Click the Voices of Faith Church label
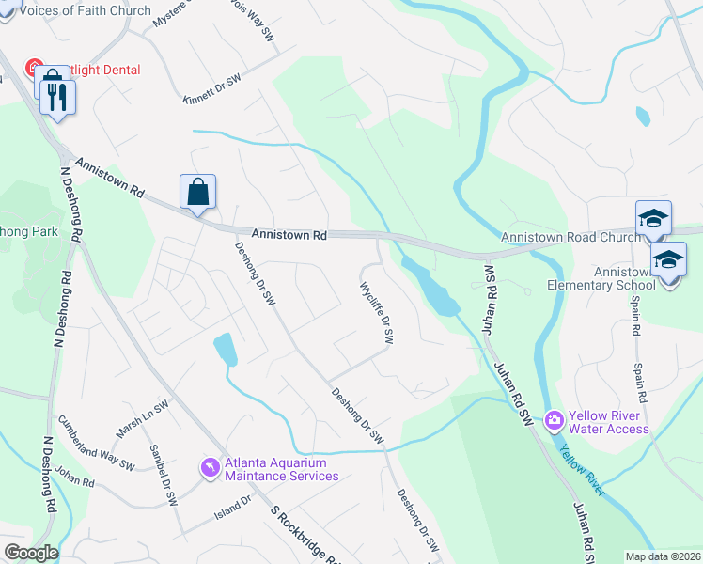point(85,10)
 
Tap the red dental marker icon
point(35,69)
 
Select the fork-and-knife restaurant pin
point(59,97)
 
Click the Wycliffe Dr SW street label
point(377,313)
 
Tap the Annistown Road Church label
point(570,237)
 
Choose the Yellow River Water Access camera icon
point(554,418)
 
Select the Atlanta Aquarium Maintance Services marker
point(209,466)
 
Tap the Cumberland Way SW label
point(96,442)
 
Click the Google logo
point(31,553)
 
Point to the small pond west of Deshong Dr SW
point(226,349)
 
